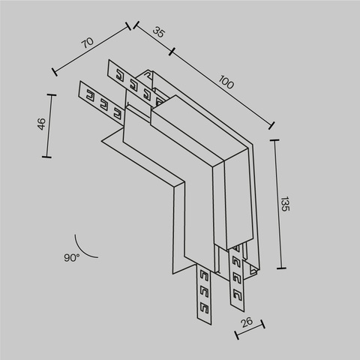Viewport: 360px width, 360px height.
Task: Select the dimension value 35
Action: pyautogui.click(x=158, y=32)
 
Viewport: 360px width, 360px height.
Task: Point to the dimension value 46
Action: pyautogui.click(x=41, y=125)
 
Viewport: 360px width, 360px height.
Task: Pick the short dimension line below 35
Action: pyautogui.click(x=151, y=39)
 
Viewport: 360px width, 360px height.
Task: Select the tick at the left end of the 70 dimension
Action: pyautogui.click(x=54, y=73)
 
